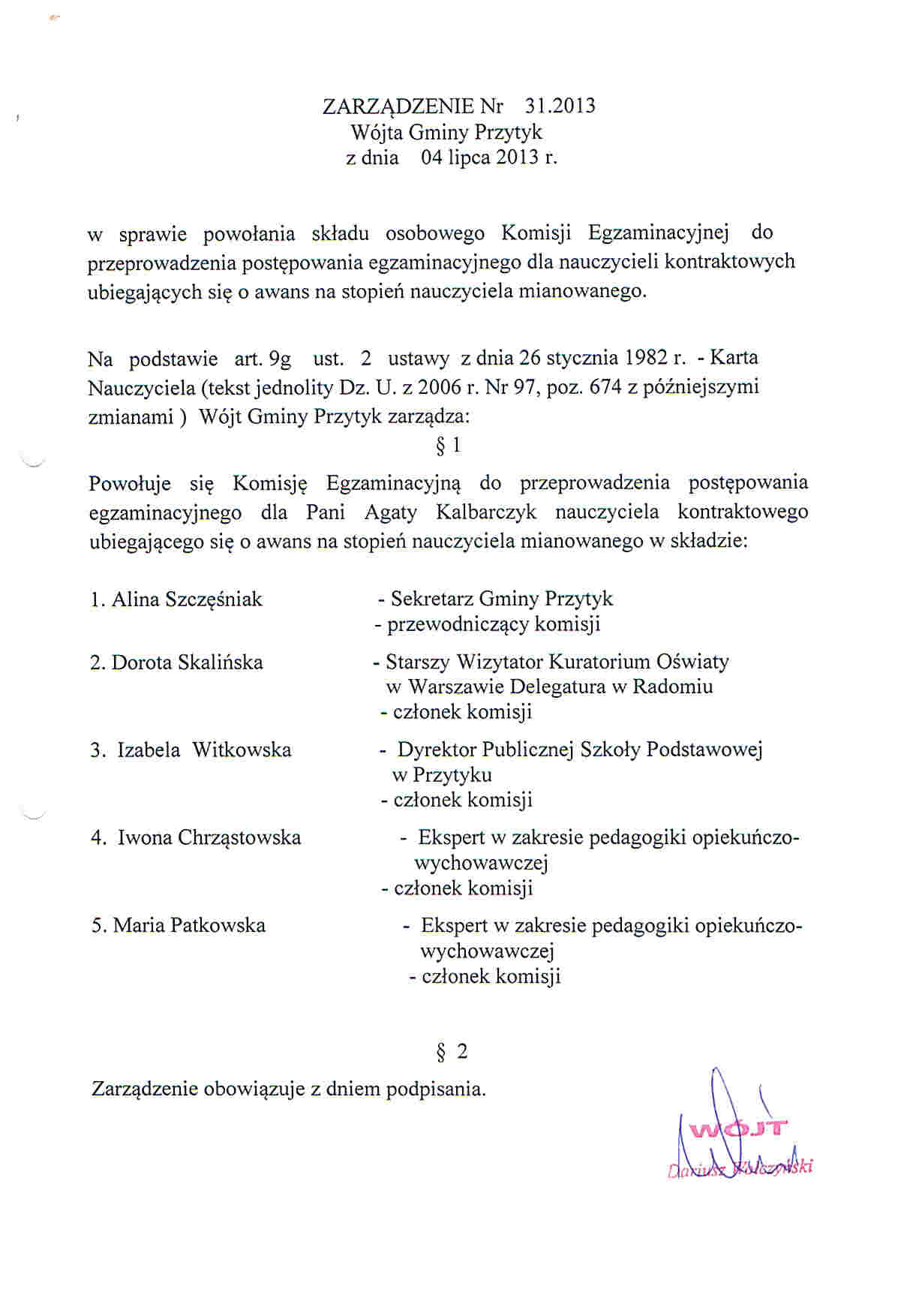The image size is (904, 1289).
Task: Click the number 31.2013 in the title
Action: coord(560,106)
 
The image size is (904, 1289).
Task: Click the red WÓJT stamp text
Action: coord(739,1128)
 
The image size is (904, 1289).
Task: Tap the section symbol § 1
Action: coord(448,446)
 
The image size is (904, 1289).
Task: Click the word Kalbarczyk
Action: coord(486,512)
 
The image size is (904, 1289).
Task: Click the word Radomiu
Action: coord(673,687)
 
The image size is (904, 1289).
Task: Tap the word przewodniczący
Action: coord(458,625)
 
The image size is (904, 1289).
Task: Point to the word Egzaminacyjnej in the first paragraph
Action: coord(659,233)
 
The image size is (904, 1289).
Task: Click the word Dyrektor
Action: coord(437,750)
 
